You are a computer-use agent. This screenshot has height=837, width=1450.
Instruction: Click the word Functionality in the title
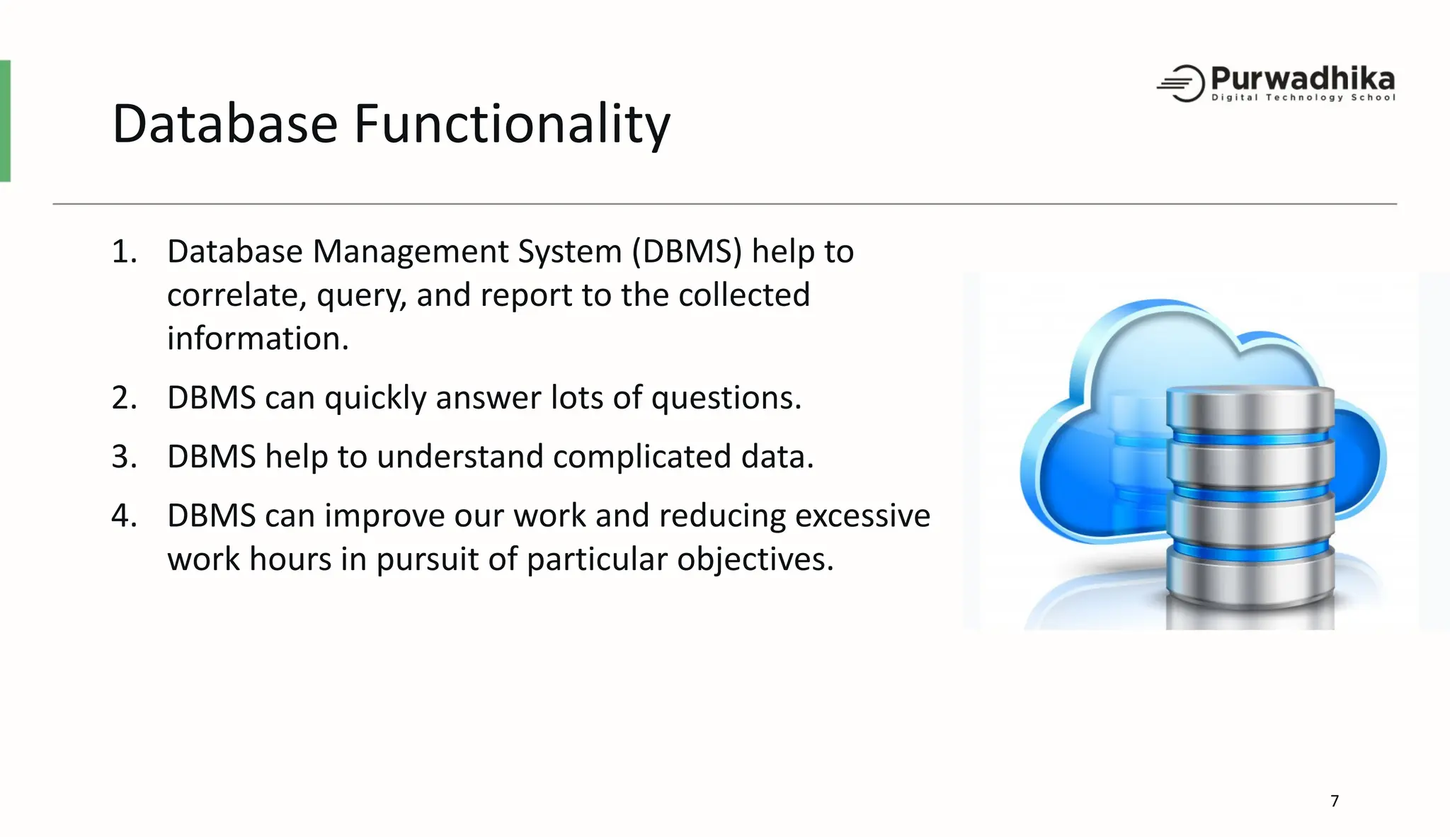[511, 124]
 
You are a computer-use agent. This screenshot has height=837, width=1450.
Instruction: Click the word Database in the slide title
[225, 124]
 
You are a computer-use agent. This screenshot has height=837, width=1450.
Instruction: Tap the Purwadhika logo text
[1302, 78]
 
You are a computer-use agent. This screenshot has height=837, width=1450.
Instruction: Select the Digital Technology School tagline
[1303, 98]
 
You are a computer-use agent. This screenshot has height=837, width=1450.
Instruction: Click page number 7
[1335, 801]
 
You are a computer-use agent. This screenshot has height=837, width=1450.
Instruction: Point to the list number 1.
[123, 252]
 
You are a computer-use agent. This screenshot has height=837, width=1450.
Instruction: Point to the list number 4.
[123, 516]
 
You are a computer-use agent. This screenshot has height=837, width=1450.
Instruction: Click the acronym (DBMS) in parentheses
[686, 252]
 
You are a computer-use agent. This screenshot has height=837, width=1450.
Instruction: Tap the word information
[256, 338]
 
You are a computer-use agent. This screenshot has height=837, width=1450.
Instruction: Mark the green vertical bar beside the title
[5, 121]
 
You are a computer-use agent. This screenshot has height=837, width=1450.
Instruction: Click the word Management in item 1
[411, 252]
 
